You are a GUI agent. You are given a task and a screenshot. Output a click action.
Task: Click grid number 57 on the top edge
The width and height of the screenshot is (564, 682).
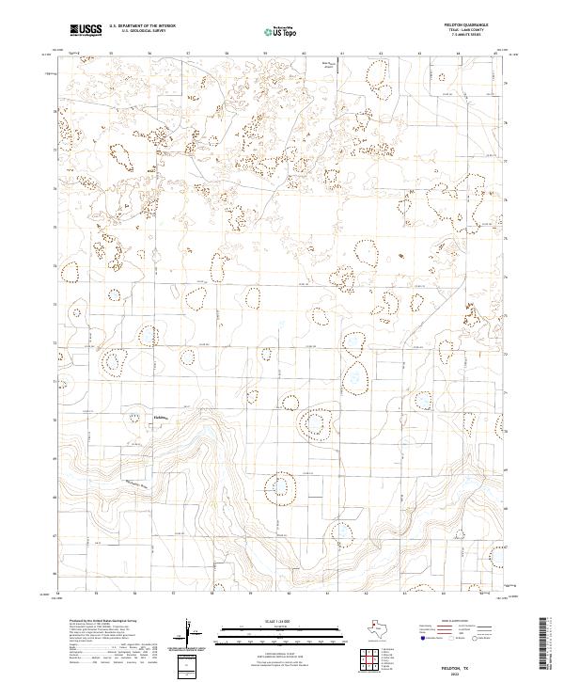187,53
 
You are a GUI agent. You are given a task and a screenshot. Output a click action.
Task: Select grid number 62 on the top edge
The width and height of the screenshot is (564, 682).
380,53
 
